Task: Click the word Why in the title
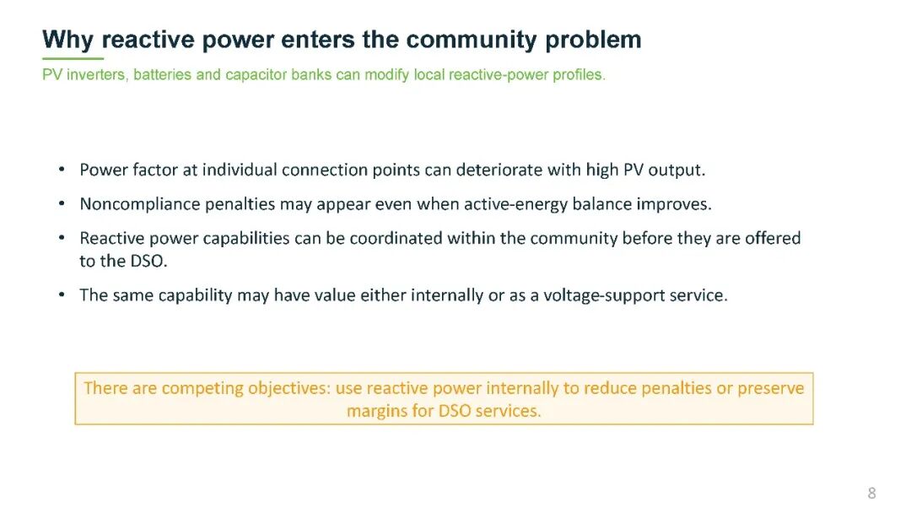coord(67,40)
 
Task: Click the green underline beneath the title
coord(73,59)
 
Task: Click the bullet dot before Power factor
coord(62,170)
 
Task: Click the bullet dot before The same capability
coord(62,295)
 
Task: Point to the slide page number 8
coord(871,494)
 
